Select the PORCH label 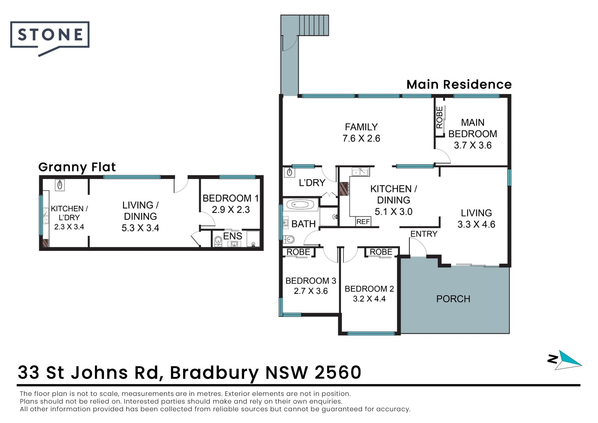(453, 299)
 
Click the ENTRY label (424, 234)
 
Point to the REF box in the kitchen (363, 222)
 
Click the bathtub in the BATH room (300, 204)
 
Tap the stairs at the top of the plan (314, 25)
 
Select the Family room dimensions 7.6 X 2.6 (361, 138)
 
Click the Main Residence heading (459, 84)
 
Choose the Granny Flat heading (77, 167)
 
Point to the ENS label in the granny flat (233, 236)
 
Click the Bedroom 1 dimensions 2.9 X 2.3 (231, 210)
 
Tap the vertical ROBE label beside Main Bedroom (439, 118)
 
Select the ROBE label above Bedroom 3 (298, 252)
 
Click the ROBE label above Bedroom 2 (381, 252)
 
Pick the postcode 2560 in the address (338, 373)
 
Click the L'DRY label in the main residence (312, 183)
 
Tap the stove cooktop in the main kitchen (344, 189)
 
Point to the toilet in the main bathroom (289, 239)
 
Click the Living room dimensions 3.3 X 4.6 (476, 224)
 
